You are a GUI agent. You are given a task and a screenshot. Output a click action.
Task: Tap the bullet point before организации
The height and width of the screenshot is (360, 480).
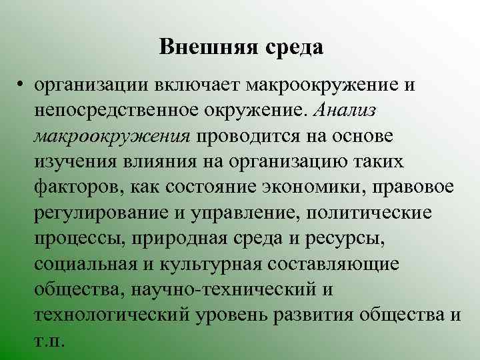pos(23,85)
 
